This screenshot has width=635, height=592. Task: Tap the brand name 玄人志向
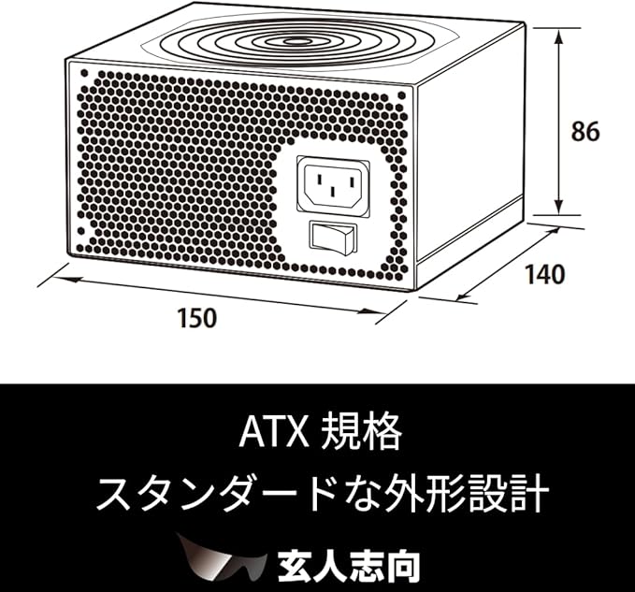(349, 565)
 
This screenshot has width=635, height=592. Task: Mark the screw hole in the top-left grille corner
(84, 72)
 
